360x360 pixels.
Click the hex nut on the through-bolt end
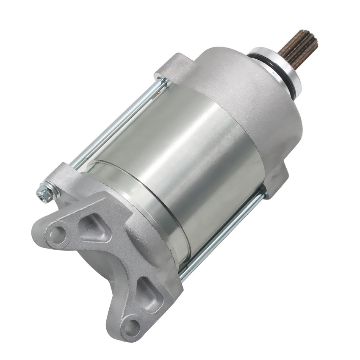[45, 193]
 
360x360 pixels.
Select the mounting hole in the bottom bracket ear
[132, 327]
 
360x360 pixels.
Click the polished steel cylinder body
[182, 161]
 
